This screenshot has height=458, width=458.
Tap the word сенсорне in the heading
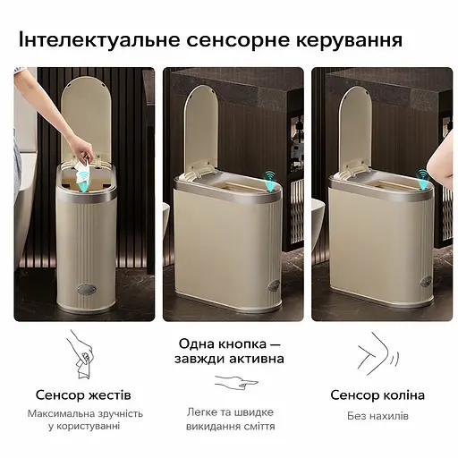click(x=232, y=40)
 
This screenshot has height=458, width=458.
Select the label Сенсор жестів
click(x=83, y=394)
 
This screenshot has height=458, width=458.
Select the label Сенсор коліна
click(x=377, y=394)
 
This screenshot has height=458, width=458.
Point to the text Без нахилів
click(x=377, y=416)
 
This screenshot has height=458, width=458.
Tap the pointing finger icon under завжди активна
click(x=236, y=383)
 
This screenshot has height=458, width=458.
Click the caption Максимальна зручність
click(x=83, y=413)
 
